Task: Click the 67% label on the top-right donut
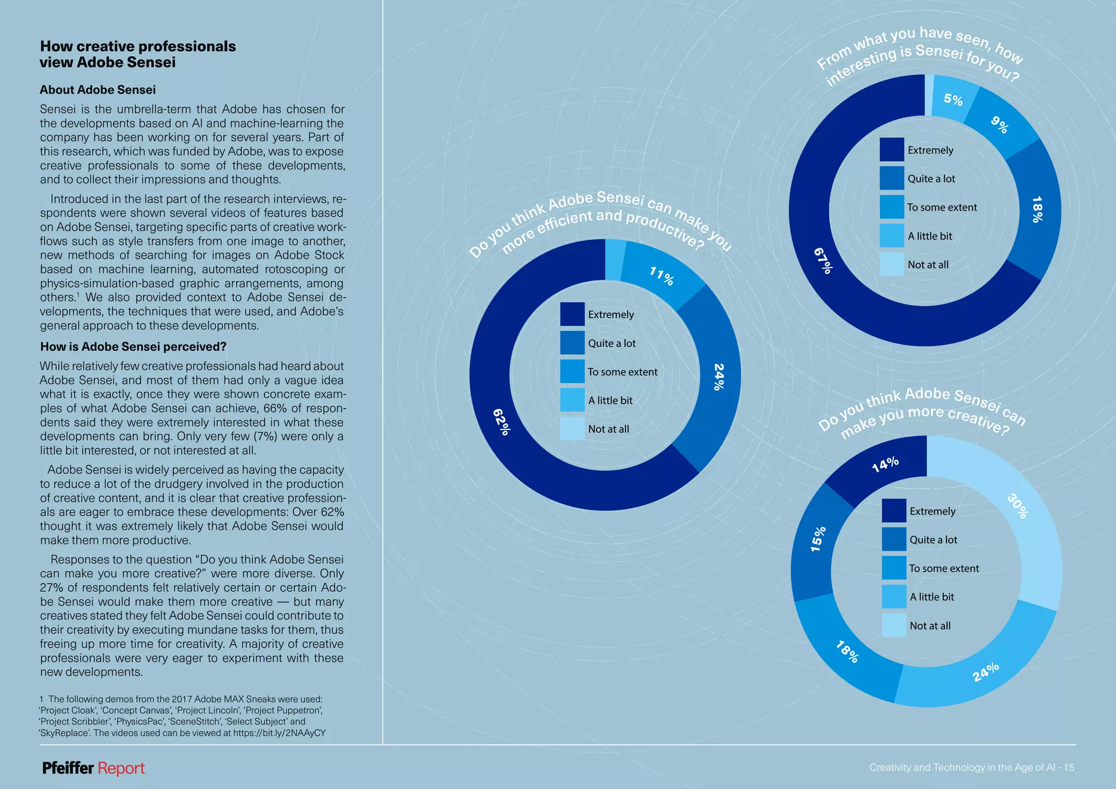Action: click(x=823, y=260)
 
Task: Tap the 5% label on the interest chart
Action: click(x=953, y=100)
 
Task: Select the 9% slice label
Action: click(x=999, y=125)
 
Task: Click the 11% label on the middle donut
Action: click(x=662, y=276)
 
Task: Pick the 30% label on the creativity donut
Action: click(x=1017, y=506)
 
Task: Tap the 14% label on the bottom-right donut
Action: click(x=885, y=464)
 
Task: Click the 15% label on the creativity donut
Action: click(x=818, y=539)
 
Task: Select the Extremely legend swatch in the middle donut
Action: click(x=572, y=314)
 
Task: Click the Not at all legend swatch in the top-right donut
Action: click(x=891, y=264)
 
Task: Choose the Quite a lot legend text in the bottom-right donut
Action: click(x=933, y=540)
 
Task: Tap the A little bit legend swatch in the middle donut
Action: click(x=572, y=400)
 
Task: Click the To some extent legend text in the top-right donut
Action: click(x=942, y=208)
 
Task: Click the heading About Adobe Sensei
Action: click(x=98, y=90)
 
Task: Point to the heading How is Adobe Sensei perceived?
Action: click(x=133, y=347)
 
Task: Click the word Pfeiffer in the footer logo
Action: click(x=68, y=768)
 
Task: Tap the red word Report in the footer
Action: click(x=121, y=768)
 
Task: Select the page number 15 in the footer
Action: click(x=1069, y=768)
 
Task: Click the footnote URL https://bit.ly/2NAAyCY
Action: click(x=279, y=733)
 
